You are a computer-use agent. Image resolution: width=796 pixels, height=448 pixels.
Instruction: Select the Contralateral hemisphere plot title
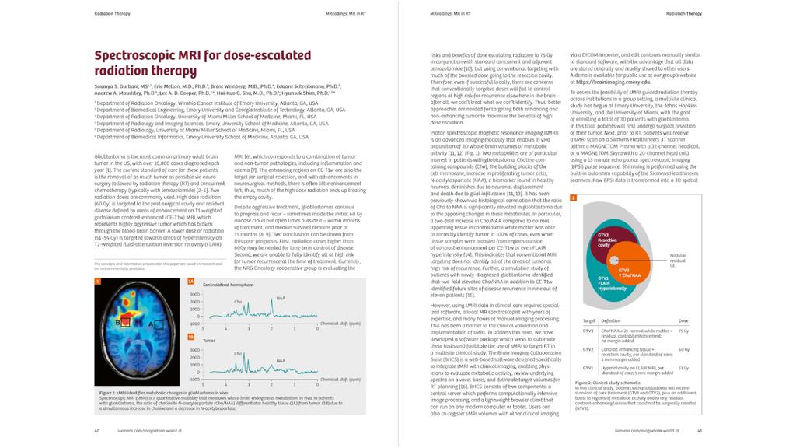(x=229, y=285)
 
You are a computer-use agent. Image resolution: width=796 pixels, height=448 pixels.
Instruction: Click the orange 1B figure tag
(x=190, y=337)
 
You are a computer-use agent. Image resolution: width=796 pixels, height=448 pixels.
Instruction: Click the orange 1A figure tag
(x=190, y=281)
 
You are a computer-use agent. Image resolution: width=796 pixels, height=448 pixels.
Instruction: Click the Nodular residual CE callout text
(x=679, y=260)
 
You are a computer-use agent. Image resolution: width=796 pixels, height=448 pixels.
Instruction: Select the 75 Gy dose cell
(x=683, y=331)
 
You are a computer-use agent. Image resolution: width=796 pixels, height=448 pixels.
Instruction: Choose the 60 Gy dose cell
(x=683, y=349)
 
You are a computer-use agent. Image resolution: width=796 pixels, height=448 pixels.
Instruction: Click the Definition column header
(x=611, y=320)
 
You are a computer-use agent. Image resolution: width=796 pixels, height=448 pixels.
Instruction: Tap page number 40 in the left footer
(x=96, y=429)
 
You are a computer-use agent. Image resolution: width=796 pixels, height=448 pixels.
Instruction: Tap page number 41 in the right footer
(x=700, y=429)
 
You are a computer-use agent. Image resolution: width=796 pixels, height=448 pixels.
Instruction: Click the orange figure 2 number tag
(x=573, y=198)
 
